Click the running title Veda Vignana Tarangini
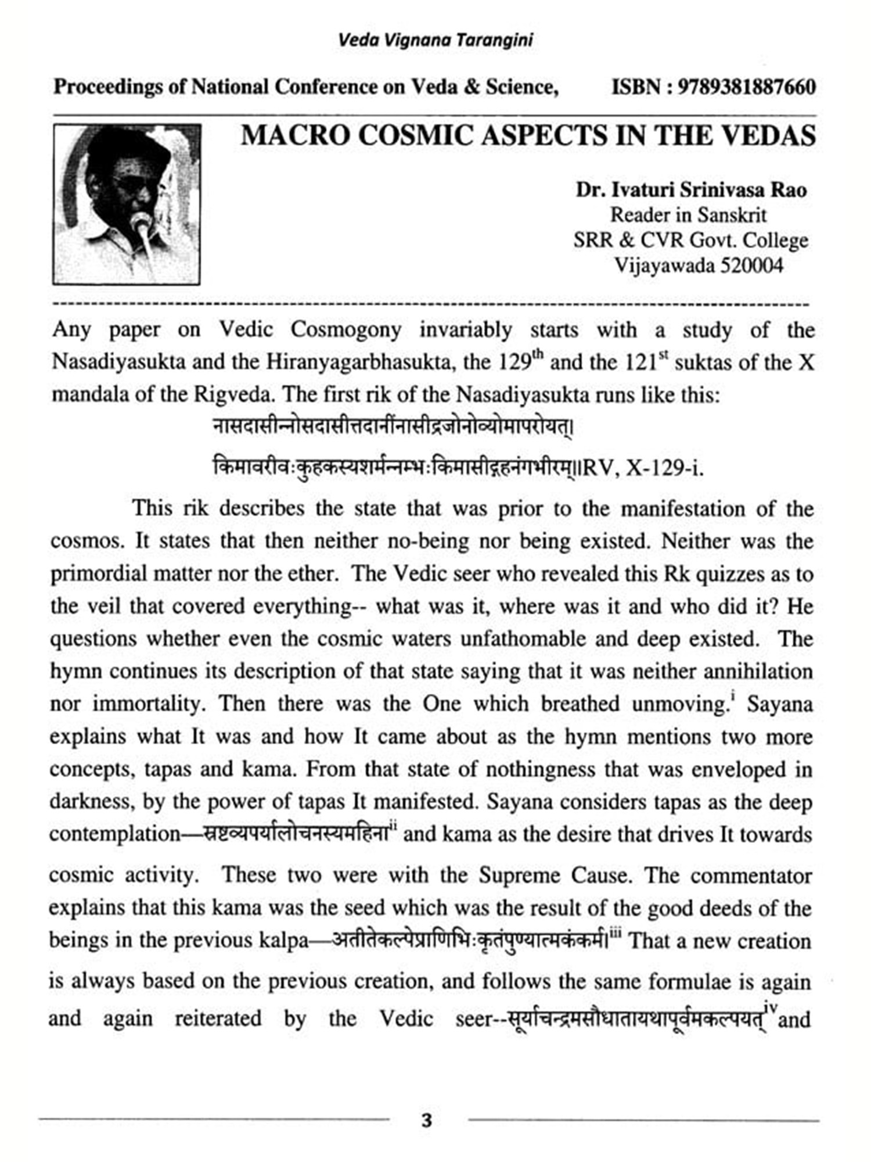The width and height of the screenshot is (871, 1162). point(435,40)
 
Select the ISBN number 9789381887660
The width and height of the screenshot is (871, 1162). point(747,87)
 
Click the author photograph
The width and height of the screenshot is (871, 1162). point(127,204)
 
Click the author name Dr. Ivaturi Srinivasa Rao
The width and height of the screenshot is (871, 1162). point(691,189)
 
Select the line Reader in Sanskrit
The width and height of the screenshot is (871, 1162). point(688,215)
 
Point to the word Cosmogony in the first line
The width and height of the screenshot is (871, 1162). point(345,330)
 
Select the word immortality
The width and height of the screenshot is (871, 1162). point(149,704)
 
